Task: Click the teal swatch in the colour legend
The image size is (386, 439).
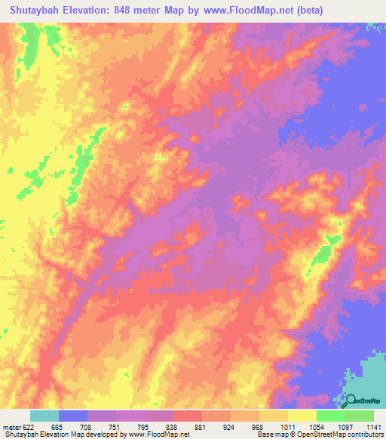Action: [x=44, y=416]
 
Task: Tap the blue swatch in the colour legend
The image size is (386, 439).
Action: [x=73, y=416]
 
